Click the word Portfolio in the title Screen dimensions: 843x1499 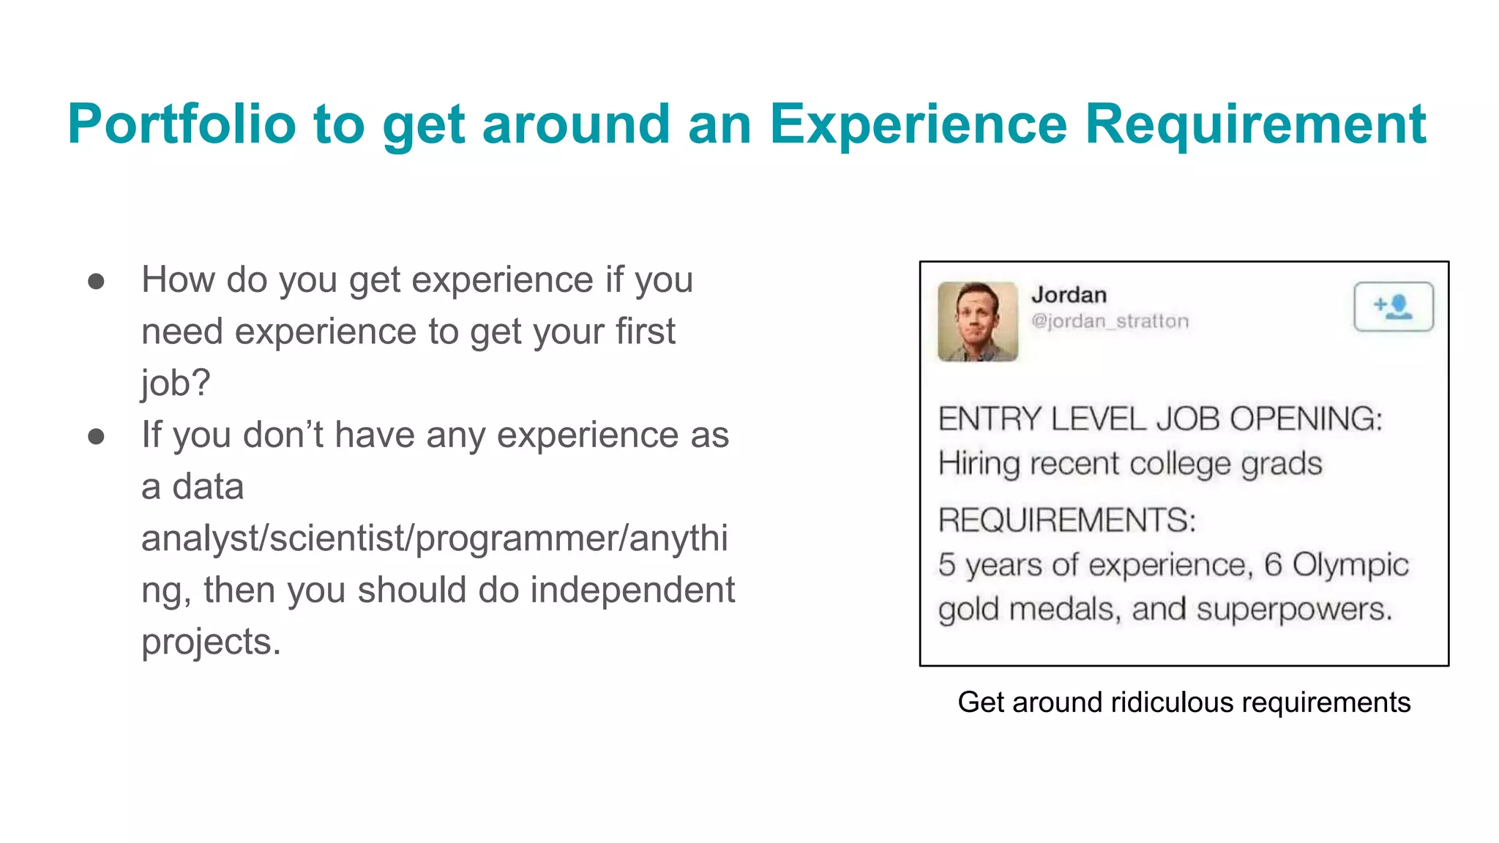pos(182,124)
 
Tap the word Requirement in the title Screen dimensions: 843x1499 pos(1255,124)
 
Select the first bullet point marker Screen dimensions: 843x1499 pos(96,282)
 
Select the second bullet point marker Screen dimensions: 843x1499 pos(96,437)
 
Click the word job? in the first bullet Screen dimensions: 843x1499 pos(176,383)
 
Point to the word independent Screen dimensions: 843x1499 pos(632,590)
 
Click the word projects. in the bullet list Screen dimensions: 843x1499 pos(211,642)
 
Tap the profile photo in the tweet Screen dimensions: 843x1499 pos(977,321)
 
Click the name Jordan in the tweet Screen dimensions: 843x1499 pos(1069,295)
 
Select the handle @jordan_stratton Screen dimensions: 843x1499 pos(1110,321)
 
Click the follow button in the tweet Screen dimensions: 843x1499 pos(1393,307)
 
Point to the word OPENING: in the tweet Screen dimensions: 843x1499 pos(1306,419)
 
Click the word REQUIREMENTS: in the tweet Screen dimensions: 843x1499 pos(1066,520)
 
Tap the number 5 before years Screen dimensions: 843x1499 pos(947,565)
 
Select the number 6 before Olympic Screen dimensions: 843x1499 pos(1273,565)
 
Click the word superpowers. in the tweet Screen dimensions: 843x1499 pos(1293,610)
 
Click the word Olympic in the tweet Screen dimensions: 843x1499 pos(1350,565)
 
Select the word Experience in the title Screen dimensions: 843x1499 pos(918,124)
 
